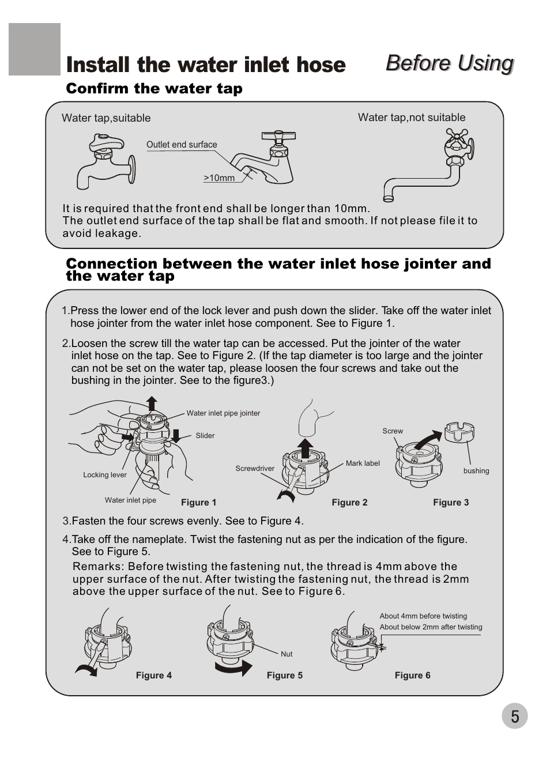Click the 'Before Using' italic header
click(x=450, y=63)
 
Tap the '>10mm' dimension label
click(x=219, y=178)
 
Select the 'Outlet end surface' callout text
click(x=182, y=144)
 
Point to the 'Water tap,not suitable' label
click(x=412, y=117)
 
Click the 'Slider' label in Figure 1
click(x=205, y=435)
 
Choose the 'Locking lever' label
click(x=105, y=475)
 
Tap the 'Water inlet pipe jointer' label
click(x=223, y=413)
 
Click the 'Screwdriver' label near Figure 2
click(x=255, y=468)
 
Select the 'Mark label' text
click(x=363, y=463)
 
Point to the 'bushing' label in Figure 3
click(x=476, y=471)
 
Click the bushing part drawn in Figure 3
click(x=459, y=432)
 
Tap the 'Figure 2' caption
click(x=349, y=502)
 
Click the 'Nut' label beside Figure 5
click(x=287, y=654)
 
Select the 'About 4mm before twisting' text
click(x=423, y=616)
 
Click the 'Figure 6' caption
click(x=412, y=675)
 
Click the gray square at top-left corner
click(x=35, y=49)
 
